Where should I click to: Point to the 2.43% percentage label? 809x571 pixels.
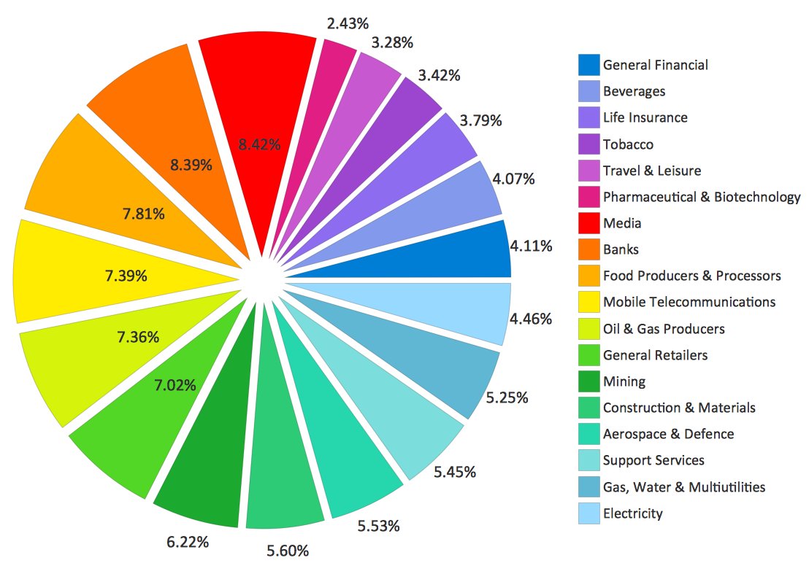point(348,24)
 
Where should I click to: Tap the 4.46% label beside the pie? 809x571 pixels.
point(531,319)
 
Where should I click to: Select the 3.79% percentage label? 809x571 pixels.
point(481,120)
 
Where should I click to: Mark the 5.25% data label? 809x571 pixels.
point(507,397)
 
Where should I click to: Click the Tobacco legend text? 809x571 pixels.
point(628,144)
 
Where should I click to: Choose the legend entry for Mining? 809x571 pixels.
point(624,381)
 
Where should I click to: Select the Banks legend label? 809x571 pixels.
point(621,249)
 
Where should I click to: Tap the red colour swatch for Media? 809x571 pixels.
point(588,223)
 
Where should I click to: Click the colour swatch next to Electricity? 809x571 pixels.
point(588,513)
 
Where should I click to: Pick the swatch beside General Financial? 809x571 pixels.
point(588,65)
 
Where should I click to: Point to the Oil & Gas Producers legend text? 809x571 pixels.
point(664,329)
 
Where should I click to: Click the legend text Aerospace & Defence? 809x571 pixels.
point(668,434)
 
